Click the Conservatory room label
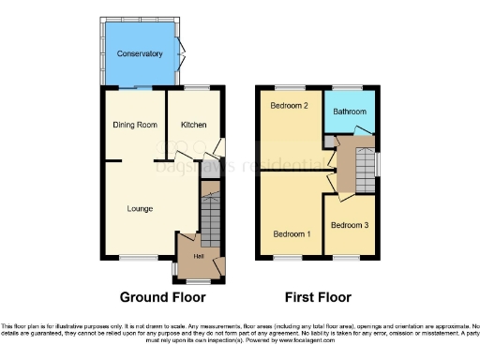[x=140, y=54]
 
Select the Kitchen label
[x=194, y=125]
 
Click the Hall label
[x=199, y=257]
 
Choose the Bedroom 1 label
[x=292, y=233]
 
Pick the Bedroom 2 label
[x=291, y=106]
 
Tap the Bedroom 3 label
[x=349, y=225]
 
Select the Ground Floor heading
[x=162, y=297]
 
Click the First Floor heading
[x=319, y=297]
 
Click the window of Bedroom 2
[x=290, y=87]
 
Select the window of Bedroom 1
[x=291, y=257]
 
